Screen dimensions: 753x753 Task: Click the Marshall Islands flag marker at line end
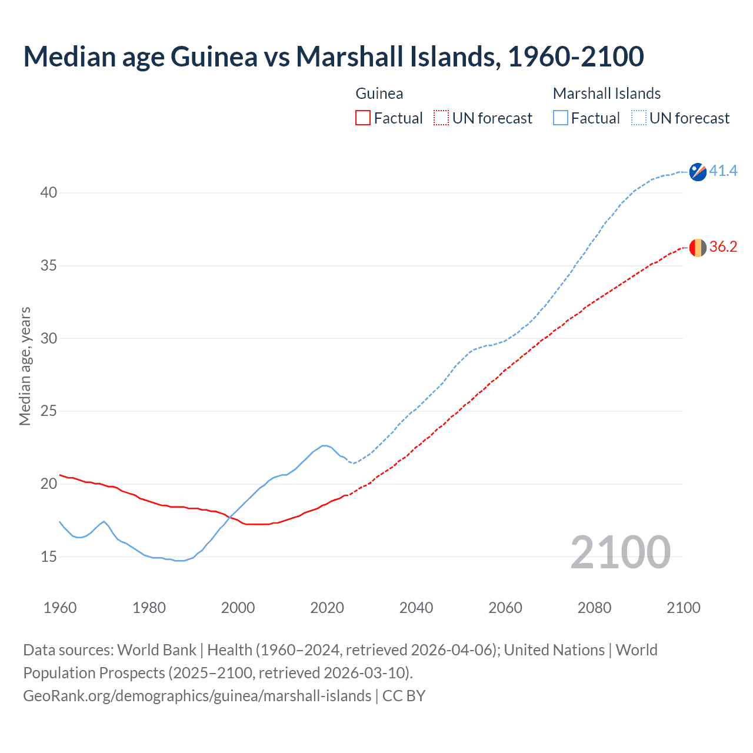click(x=698, y=172)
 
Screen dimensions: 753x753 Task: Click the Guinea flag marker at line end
click(x=698, y=248)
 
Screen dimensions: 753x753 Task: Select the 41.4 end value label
click(x=723, y=171)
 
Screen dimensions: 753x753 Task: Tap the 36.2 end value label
click(x=723, y=247)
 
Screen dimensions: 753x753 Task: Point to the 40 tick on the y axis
click(x=49, y=193)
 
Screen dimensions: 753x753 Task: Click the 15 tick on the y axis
click(x=49, y=557)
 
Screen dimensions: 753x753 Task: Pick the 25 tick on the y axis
click(x=49, y=411)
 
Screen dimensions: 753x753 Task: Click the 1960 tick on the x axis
click(x=60, y=608)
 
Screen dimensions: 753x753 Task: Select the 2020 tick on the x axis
click(x=327, y=608)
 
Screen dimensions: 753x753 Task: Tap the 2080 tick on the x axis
click(x=594, y=608)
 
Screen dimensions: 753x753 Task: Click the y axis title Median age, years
click(x=25, y=366)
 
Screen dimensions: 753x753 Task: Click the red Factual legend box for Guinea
click(x=363, y=118)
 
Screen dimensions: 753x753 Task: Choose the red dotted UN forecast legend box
click(x=441, y=118)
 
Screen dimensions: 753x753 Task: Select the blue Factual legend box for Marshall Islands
click(x=561, y=118)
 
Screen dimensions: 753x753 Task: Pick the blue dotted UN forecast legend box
click(x=639, y=118)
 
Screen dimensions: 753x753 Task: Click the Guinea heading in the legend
click(x=379, y=94)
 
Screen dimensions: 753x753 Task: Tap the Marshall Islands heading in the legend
click(x=607, y=94)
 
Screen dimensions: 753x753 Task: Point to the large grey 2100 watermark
click(x=621, y=552)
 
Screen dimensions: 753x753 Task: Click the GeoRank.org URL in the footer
click(x=197, y=696)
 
